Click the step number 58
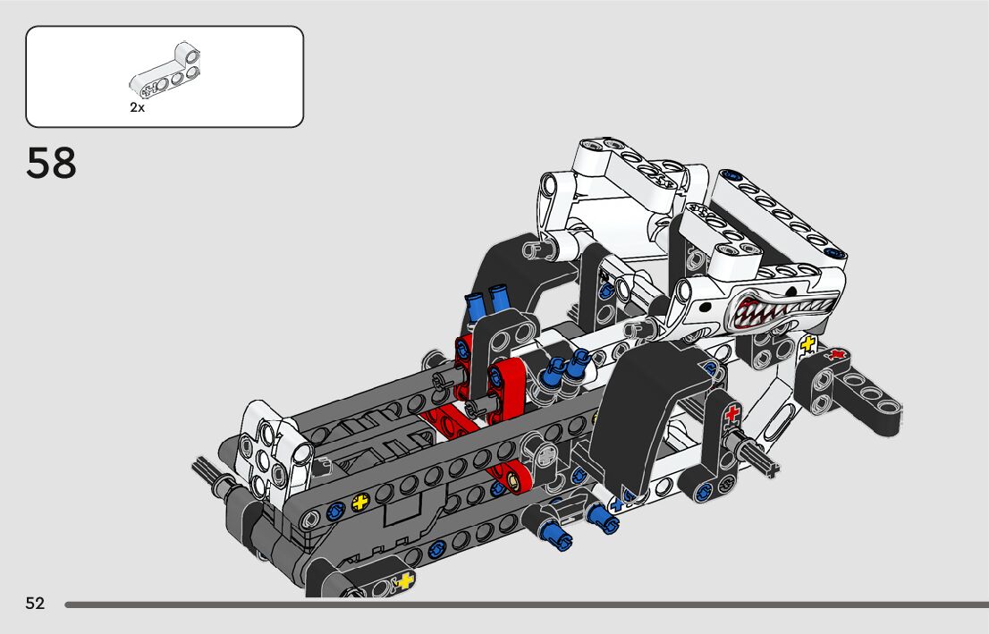point(51,164)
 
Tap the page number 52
point(36,604)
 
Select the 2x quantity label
point(137,108)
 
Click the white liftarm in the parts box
point(165,70)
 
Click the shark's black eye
point(706,307)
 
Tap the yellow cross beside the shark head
point(807,344)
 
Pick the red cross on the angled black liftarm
point(837,354)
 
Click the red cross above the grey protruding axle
point(731,414)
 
